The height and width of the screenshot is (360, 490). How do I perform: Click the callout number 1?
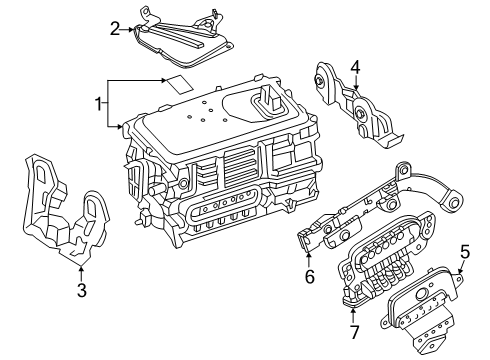tap(98, 104)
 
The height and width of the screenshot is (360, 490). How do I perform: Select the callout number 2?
tap(115, 29)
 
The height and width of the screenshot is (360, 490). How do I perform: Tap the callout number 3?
tap(82, 290)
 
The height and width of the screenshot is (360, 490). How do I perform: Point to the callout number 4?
tap(355, 68)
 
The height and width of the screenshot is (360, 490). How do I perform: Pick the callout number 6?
tap(310, 276)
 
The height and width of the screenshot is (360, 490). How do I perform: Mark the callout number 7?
tap(354, 332)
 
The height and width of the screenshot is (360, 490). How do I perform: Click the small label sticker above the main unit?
tap(180, 84)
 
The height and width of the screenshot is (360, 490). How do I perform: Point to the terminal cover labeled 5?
tap(423, 307)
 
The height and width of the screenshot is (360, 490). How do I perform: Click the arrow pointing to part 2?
tap(127, 29)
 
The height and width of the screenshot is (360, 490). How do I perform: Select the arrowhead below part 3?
tap(81, 268)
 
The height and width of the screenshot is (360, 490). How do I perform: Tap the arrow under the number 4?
tap(356, 83)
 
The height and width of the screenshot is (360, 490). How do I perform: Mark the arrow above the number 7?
tap(354, 316)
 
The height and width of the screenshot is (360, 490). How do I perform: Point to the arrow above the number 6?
tap(309, 260)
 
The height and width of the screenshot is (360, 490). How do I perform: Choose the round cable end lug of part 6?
tap(454, 202)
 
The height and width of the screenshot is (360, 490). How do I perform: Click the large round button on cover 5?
tap(422, 293)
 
